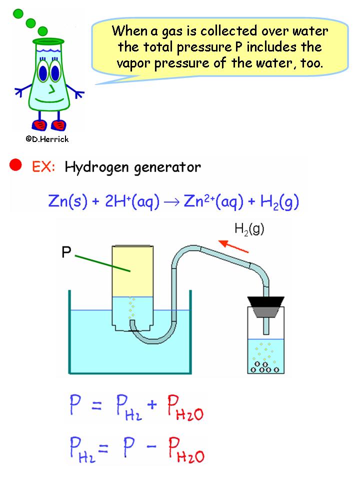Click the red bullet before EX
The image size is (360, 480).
pos(16,165)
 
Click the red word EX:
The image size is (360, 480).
pos(43,166)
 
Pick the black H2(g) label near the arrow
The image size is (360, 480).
pos(248,229)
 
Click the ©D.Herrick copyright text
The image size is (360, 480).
pos(47,139)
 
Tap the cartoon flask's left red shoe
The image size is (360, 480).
pos(40,124)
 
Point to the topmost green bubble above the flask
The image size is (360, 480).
pos(19,13)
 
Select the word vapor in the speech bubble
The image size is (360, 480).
pos(135,63)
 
